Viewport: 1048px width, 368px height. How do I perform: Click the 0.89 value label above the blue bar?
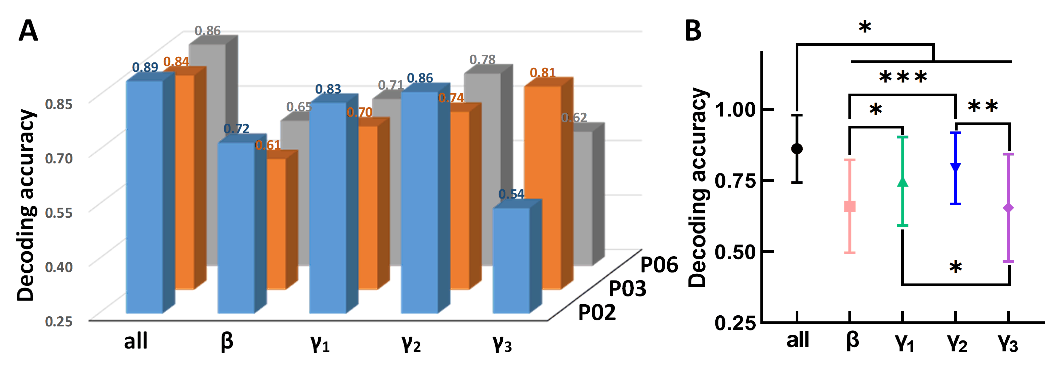[145, 67]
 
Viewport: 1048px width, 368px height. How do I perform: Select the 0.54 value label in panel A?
[511, 194]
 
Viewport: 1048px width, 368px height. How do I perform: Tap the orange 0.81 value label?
[542, 73]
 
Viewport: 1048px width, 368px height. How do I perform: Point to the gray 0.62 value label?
[574, 118]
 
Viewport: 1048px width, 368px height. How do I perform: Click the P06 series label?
[659, 265]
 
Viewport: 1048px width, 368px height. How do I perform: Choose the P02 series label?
[597, 313]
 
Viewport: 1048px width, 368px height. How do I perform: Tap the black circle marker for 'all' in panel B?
[797, 149]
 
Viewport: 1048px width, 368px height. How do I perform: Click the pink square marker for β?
[850, 206]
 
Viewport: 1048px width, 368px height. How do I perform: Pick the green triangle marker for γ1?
[903, 182]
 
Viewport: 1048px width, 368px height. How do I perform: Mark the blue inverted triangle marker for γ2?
[956, 166]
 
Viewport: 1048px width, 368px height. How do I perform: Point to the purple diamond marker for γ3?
[1009, 208]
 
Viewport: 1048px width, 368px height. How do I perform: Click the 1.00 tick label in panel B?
[735, 110]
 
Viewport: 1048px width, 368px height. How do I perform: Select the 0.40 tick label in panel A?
[58, 267]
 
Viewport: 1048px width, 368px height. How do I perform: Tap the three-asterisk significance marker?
[903, 77]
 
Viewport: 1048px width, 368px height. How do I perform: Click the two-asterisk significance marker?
[982, 107]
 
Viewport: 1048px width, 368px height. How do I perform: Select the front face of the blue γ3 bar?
[511, 260]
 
